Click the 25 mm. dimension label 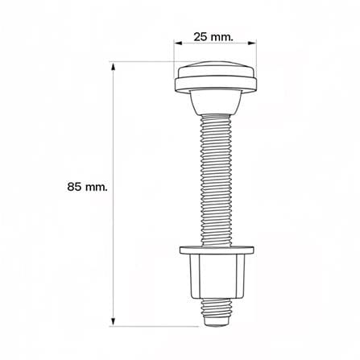click(213, 37)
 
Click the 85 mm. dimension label click(87, 187)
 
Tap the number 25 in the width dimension click(201, 37)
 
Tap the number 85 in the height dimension click(74, 187)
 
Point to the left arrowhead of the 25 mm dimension click(178, 43)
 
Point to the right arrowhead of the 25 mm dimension click(252, 43)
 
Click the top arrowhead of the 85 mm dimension click(114, 66)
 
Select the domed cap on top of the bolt click(216, 70)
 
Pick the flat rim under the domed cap click(216, 85)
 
